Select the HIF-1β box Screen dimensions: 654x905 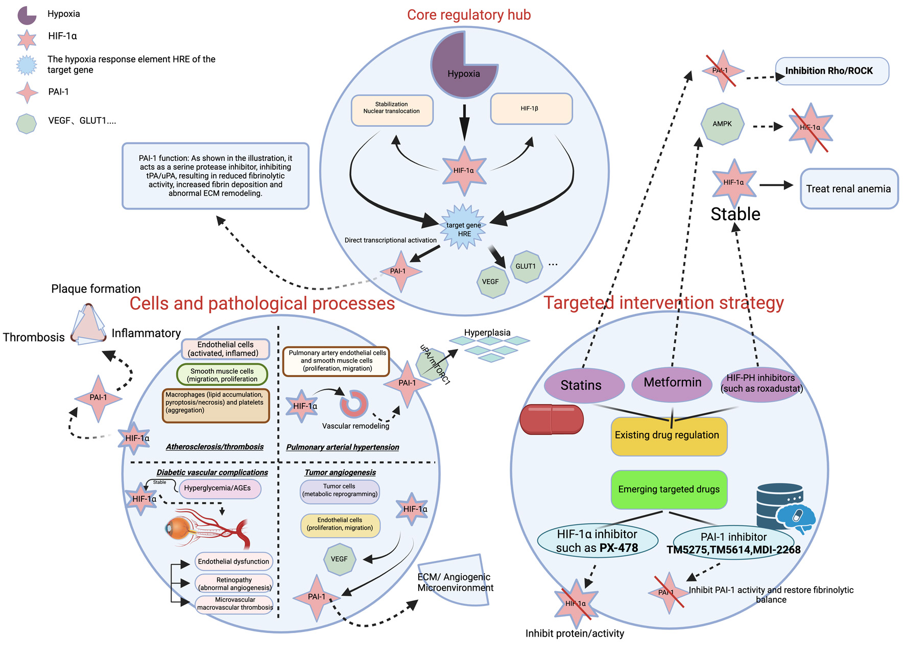[531, 109]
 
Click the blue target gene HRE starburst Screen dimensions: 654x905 [463, 227]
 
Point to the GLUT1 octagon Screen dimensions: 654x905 [526, 266]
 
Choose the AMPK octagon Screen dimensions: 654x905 [722, 124]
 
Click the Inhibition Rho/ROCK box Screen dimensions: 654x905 [831, 71]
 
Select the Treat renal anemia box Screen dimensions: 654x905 [848, 189]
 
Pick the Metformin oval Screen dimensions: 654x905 [672, 383]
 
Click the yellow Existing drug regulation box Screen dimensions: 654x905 [669, 436]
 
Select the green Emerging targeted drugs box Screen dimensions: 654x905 [669, 489]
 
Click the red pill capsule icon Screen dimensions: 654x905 [552, 419]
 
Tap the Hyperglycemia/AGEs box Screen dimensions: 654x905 [219, 488]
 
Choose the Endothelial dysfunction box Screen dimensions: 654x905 [233, 562]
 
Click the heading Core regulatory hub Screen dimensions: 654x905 [468, 15]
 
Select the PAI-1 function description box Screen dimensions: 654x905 [216, 176]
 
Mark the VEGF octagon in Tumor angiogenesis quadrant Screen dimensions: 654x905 [339, 559]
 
